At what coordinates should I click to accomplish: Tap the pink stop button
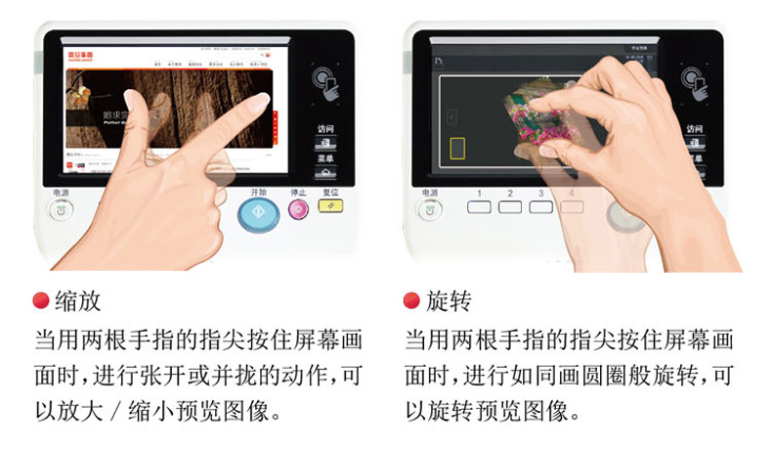[299, 207]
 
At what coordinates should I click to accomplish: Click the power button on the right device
[430, 208]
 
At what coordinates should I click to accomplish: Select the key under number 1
[479, 207]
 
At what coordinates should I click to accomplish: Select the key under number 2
[510, 207]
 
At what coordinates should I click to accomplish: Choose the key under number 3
[541, 207]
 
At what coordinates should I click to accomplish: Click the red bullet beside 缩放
[41, 301]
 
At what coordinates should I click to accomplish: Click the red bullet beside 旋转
[411, 301]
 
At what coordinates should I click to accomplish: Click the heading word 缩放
[78, 301]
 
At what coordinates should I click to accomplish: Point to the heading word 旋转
[449, 301]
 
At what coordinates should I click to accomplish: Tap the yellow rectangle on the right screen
[457, 148]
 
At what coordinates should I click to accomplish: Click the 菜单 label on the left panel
[325, 158]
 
